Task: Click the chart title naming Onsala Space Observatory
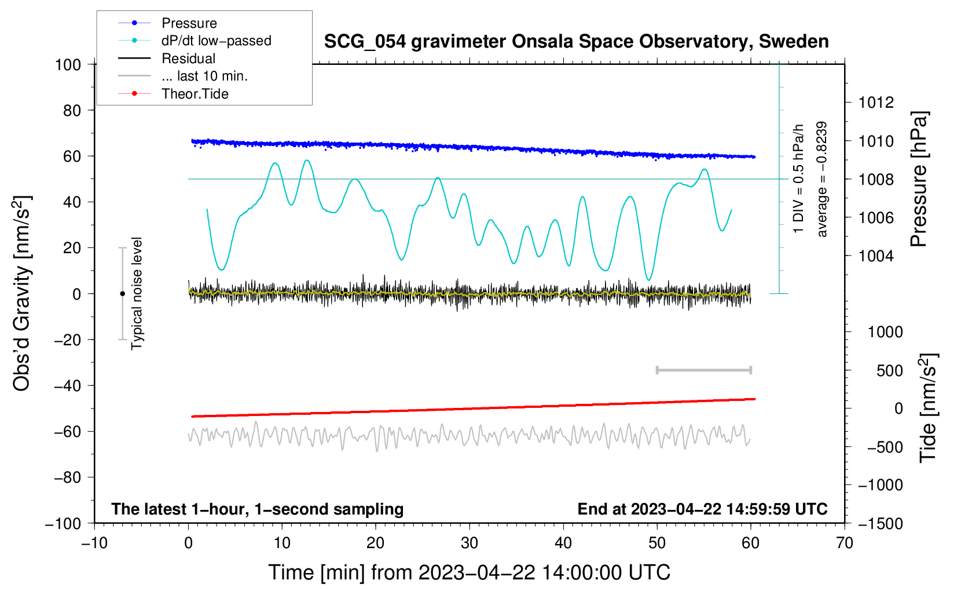[576, 42]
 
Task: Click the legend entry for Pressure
[189, 23]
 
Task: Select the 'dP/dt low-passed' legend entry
[216, 41]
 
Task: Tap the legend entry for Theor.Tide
[195, 94]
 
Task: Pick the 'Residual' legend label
[188, 59]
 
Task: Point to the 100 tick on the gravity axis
[68, 64]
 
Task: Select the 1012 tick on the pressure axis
[876, 103]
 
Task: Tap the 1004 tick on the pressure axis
[876, 256]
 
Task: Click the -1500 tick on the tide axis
[881, 523]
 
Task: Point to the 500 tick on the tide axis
[890, 370]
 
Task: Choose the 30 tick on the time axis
[470, 543]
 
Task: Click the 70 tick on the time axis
[845, 543]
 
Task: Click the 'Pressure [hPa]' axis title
[919, 179]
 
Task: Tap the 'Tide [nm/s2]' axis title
[928, 408]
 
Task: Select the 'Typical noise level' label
[137, 294]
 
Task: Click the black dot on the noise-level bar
[122, 294]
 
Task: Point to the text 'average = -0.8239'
[822, 179]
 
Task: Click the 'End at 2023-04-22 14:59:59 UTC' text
[702, 509]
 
